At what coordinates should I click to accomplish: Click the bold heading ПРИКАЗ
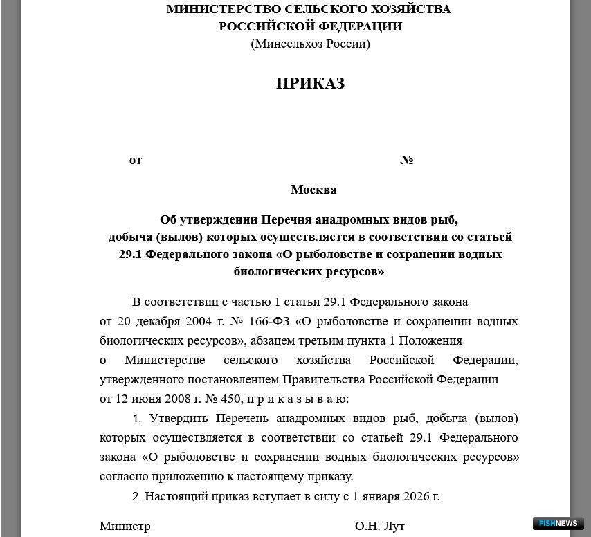click(310, 83)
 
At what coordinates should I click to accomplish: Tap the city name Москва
click(313, 190)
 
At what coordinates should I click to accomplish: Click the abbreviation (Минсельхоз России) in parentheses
click(310, 44)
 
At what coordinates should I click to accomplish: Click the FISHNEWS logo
click(558, 524)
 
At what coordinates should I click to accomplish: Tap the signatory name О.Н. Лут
click(379, 526)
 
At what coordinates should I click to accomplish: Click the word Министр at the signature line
click(125, 526)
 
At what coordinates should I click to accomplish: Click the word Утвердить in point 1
click(179, 418)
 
